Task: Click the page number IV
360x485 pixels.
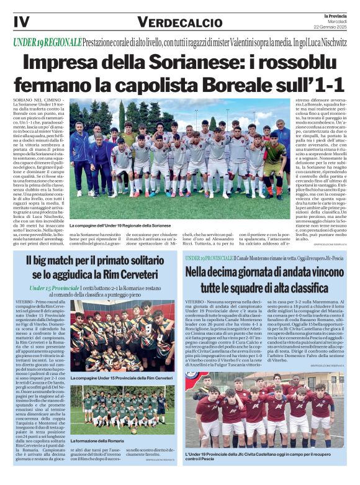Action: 21,22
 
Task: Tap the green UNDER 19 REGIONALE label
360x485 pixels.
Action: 47,42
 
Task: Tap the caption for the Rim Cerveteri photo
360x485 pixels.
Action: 122,378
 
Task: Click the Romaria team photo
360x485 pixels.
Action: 122,409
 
